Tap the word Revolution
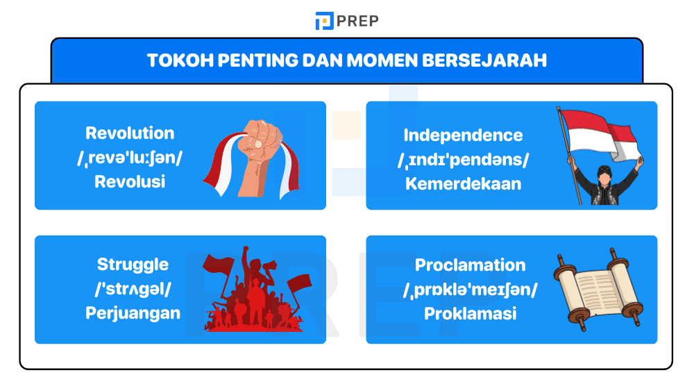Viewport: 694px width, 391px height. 130,133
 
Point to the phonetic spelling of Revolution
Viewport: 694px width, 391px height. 130,158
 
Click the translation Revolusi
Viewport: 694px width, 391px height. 130,182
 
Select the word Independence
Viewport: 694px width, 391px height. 463,135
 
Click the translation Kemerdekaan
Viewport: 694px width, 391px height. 463,185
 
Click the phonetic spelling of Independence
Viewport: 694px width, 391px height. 463,160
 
